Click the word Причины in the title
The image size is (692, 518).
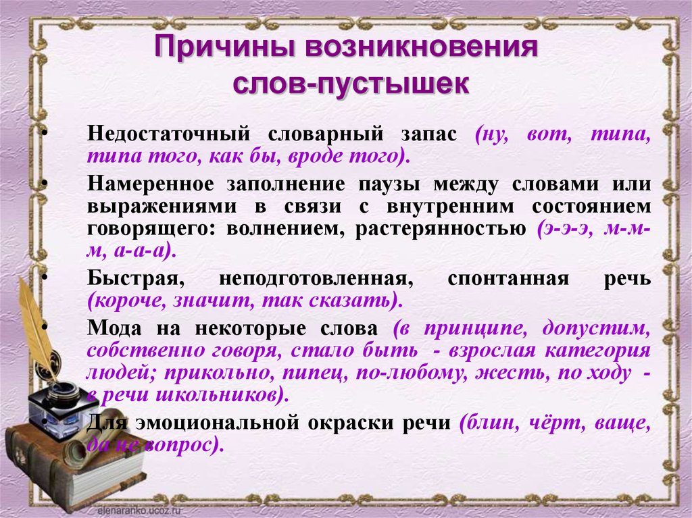[226, 47]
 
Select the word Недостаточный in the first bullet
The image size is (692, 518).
[168, 134]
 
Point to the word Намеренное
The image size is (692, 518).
[150, 184]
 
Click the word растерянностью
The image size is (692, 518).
[441, 230]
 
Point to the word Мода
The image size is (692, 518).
[114, 328]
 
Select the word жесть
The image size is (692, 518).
[513, 373]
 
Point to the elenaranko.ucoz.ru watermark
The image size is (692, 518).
[140, 510]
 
